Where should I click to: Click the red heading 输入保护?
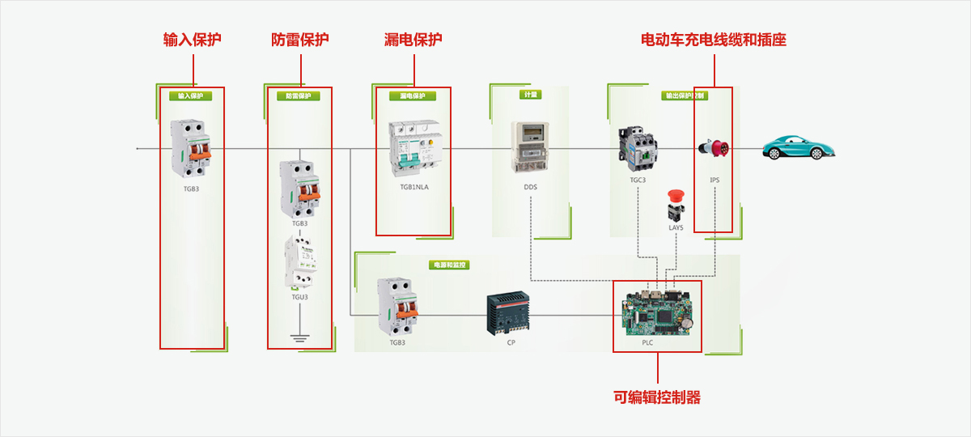click(192, 40)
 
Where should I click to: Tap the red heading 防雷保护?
click(300, 40)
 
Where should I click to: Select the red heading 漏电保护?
click(413, 40)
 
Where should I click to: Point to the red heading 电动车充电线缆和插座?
click(714, 40)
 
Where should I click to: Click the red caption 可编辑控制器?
click(657, 397)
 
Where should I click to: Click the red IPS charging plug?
click(714, 149)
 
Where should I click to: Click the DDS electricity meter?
click(529, 146)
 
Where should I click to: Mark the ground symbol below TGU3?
click(300, 336)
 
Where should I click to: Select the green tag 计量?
click(530, 95)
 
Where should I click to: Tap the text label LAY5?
click(676, 228)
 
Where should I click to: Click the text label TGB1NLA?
click(414, 187)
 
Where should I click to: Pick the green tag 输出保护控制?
click(684, 95)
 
